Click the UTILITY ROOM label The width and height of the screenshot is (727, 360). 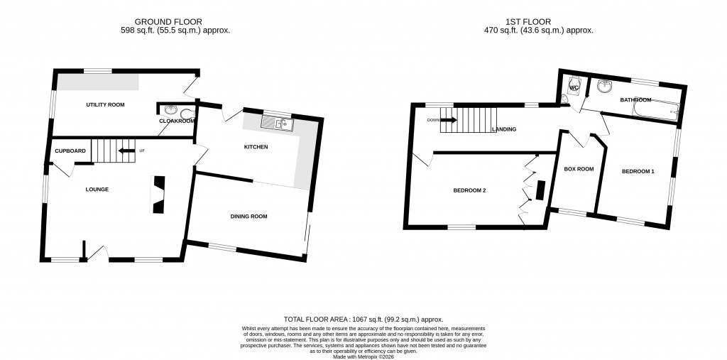[x=105, y=104]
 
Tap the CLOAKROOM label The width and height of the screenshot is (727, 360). [x=176, y=121]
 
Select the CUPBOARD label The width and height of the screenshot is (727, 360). [x=70, y=151]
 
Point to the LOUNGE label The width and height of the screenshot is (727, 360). [x=97, y=189]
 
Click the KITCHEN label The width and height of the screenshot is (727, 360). [x=256, y=147]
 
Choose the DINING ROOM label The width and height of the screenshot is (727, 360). [x=248, y=216]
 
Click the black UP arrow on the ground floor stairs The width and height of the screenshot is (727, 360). [x=126, y=151]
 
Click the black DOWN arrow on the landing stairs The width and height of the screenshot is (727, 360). [x=448, y=120]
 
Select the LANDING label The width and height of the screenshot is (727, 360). [x=503, y=129]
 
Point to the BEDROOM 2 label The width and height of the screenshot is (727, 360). [x=470, y=190]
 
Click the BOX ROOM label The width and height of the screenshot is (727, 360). [x=578, y=169]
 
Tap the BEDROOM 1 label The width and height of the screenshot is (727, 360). [x=638, y=171]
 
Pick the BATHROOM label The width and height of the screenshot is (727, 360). [x=635, y=100]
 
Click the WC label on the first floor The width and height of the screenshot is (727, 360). [x=574, y=88]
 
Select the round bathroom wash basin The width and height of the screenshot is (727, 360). [x=606, y=87]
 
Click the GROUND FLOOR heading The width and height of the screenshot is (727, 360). [x=175, y=22]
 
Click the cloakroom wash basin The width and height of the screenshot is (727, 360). [x=170, y=109]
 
